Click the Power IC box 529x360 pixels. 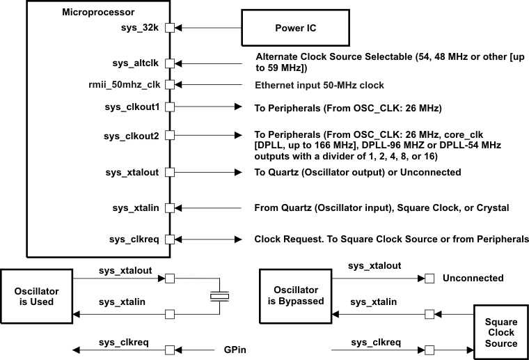pyautogui.click(x=294, y=29)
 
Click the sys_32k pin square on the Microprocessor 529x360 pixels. pyautogui.click(x=169, y=29)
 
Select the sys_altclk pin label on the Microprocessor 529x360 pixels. pyautogui.click(x=136, y=63)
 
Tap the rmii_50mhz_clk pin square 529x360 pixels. pyautogui.click(x=169, y=85)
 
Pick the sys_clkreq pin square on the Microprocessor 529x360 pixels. pyautogui.click(x=169, y=240)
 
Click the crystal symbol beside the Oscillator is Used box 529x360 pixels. pyautogui.click(x=219, y=297)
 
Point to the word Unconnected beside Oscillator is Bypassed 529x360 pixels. pyautogui.click(x=473, y=279)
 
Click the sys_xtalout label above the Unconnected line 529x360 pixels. pyautogui.click(x=374, y=265)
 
